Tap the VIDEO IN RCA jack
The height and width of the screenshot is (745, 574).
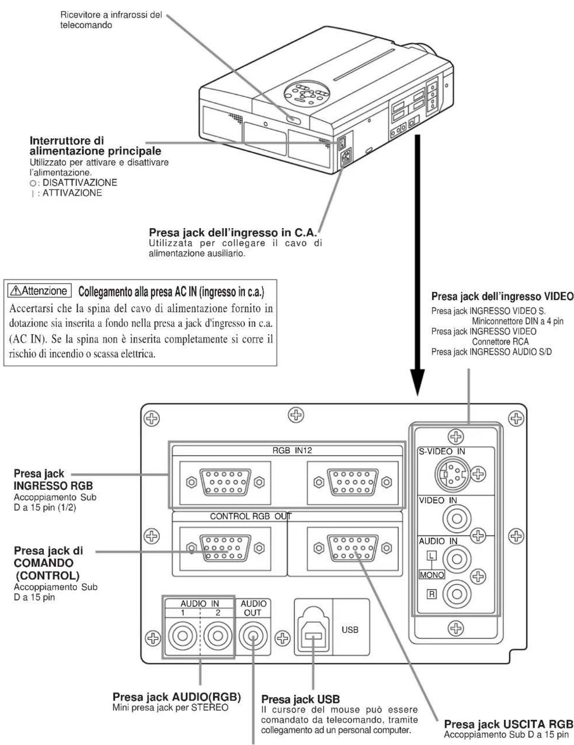(x=456, y=519)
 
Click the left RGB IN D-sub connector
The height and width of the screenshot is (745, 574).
(x=225, y=482)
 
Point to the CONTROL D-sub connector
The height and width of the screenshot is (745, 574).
(x=225, y=548)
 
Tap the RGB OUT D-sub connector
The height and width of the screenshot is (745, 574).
(x=352, y=548)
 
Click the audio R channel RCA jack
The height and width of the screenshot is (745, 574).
(x=456, y=593)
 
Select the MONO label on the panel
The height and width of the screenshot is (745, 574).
(x=431, y=575)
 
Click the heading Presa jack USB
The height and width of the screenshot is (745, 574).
(x=300, y=699)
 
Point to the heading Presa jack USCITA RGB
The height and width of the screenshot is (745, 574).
(x=508, y=724)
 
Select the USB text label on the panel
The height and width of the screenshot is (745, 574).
(x=350, y=629)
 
